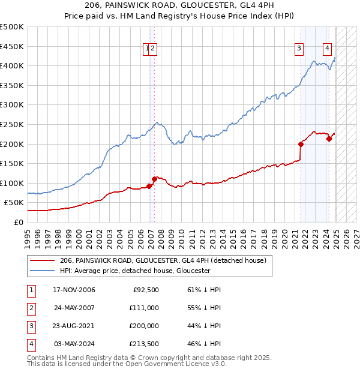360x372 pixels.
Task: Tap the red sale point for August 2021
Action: coord(301,144)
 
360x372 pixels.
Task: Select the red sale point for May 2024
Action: coord(329,139)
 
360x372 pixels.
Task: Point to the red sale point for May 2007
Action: coord(154,178)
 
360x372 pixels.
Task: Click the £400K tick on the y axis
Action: coord(12,65)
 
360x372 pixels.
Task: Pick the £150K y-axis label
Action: coord(12,163)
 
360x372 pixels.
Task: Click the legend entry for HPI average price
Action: coord(134,271)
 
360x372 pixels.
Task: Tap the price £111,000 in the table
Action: coord(145,308)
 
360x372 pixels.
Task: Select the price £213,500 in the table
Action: coord(145,344)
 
